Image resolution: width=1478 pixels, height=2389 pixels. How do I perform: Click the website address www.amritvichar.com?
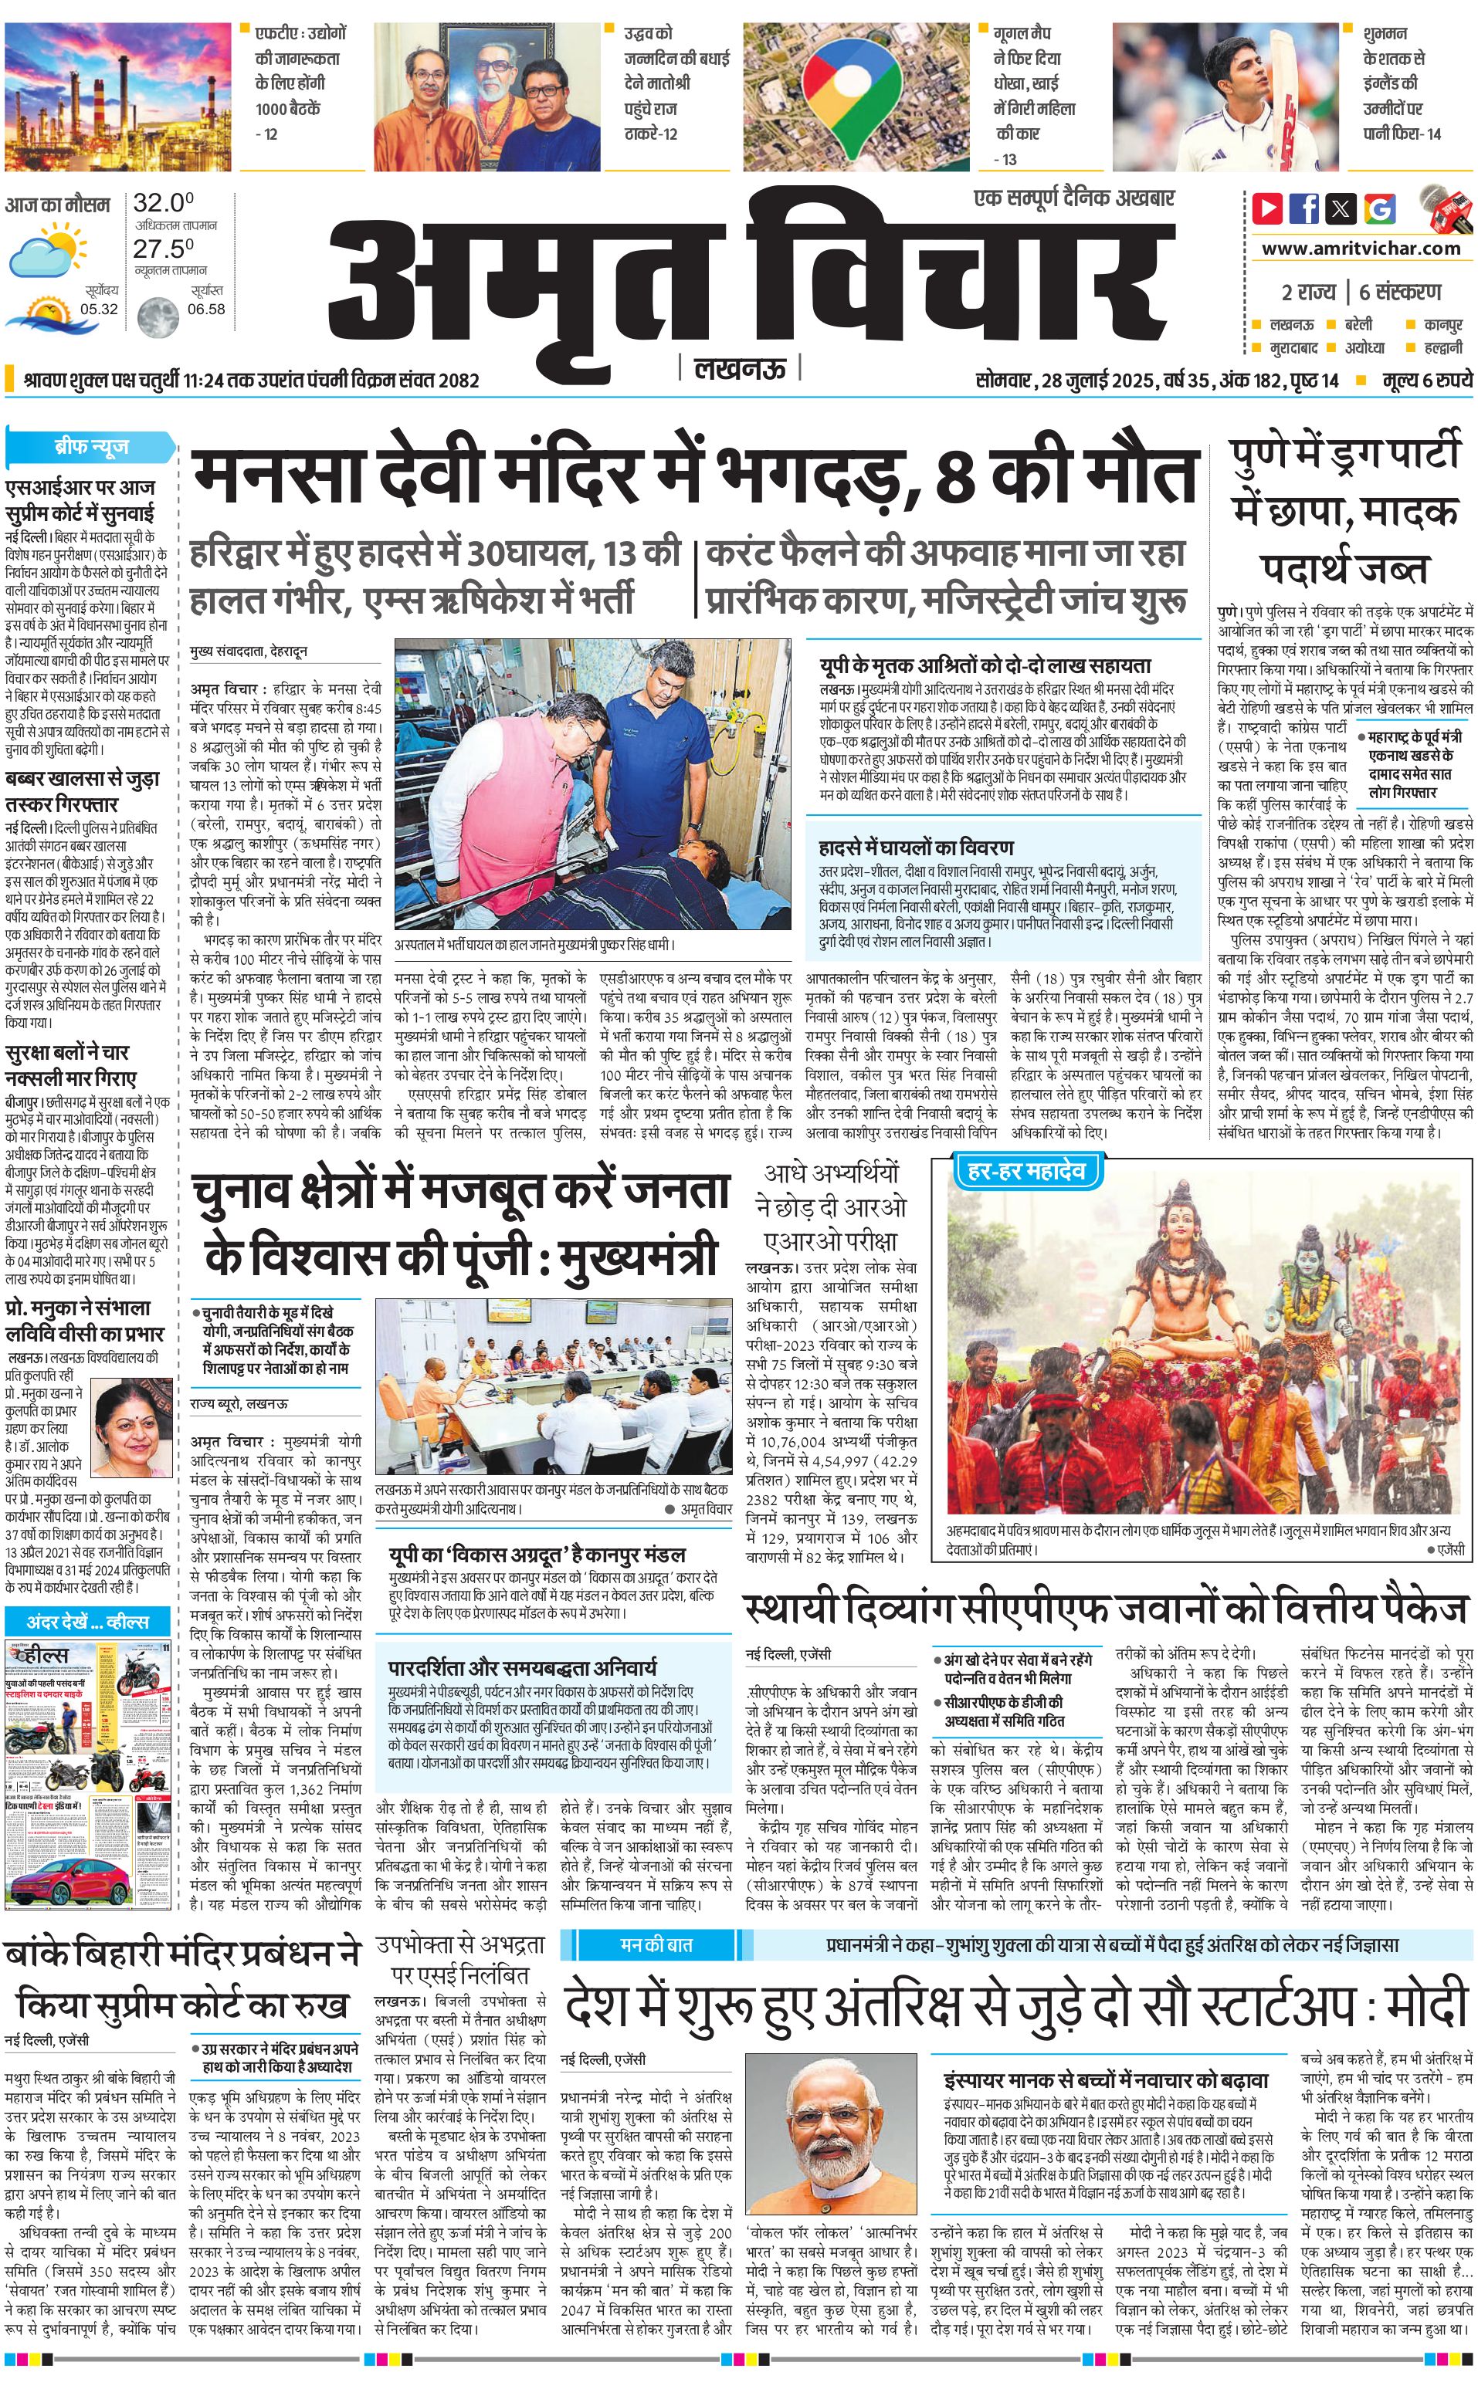click(x=1361, y=249)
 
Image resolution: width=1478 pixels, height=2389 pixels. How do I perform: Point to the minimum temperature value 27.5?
click(x=163, y=249)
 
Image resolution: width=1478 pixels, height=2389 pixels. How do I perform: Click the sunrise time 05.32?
click(x=99, y=309)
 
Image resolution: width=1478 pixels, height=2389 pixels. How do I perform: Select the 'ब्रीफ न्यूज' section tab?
click(x=92, y=448)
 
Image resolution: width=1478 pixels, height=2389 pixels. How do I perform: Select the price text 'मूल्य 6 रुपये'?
click(x=1426, y=381)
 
